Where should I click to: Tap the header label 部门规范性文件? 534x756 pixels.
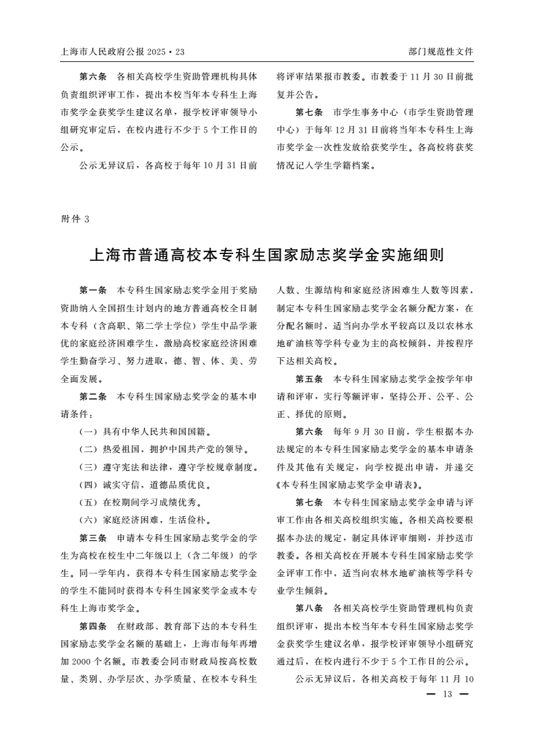(440, 51)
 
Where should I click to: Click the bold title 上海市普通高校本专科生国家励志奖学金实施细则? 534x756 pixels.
(267, 255)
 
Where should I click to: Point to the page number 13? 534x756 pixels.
(446, 695)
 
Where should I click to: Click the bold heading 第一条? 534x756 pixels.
(93, 290)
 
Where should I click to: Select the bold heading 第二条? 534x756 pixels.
(93, 396)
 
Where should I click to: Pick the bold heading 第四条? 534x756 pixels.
(93, 626)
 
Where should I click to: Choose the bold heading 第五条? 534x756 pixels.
(309, 379)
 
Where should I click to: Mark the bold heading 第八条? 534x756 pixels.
(309, 608)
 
